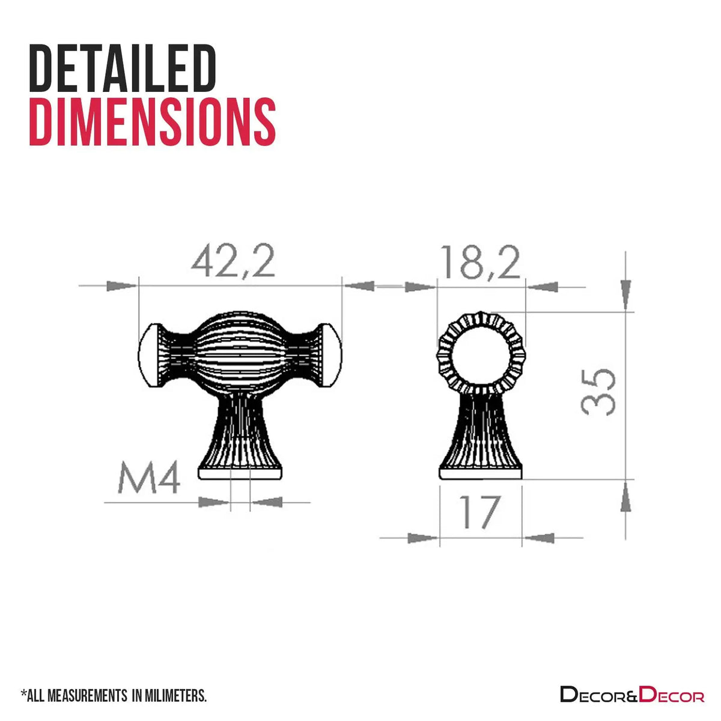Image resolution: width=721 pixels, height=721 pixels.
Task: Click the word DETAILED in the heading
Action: click(x=123, y=68)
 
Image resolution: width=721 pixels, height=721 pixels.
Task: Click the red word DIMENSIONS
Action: click(x=153, y=121)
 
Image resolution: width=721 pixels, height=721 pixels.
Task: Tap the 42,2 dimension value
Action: click(x=233, y=261)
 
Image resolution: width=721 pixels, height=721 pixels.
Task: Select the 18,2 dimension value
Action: click(x=481, y=262)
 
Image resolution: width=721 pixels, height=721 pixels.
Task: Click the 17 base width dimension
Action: click(x=479, y=513)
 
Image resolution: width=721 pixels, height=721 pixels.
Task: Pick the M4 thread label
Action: click(x=149, y=478)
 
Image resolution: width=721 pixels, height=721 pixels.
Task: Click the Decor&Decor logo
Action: click(x=632, y=694)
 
